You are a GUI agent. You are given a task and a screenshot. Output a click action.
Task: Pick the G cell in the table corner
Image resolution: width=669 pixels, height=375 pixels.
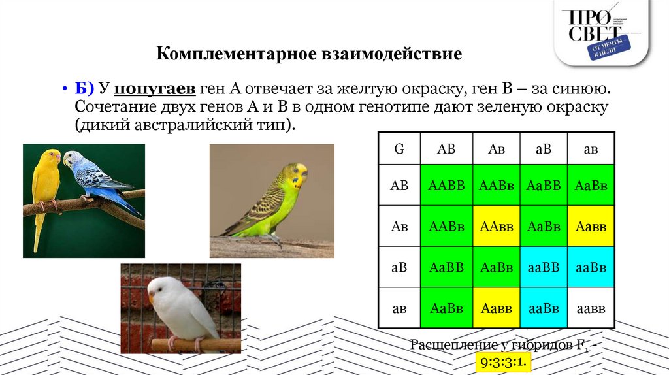point(399,149)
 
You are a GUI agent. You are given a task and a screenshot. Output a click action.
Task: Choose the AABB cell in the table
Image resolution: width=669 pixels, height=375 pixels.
point(446,186)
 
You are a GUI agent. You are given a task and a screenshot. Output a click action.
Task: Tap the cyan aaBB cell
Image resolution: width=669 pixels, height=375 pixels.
point(544,267)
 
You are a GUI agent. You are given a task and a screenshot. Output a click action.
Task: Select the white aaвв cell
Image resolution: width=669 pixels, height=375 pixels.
point(591,308)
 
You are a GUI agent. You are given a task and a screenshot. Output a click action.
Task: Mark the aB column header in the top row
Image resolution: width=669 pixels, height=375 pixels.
point(544,149)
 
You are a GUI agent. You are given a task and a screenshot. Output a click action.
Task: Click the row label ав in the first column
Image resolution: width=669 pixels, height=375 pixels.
point(399,308)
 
